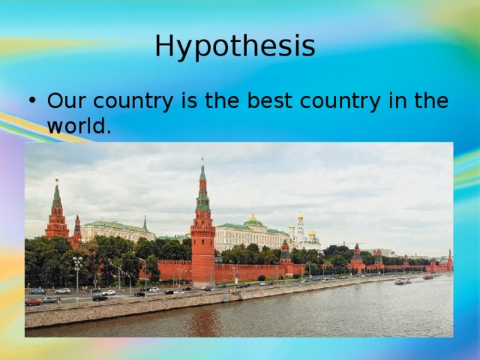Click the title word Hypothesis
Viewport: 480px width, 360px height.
(x=235, y=46)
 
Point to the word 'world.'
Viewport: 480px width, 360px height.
(x=79, y=126)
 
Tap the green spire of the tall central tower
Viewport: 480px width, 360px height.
(x=202, y=180)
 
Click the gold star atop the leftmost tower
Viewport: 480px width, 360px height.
(x=56, y=181)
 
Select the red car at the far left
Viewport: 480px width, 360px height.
(x=33, y=302)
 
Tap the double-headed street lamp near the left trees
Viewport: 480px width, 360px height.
(x=77, y=262)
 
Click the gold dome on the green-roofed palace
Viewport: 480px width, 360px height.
(x=253, y=220)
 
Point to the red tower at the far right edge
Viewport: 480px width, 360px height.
(x=449, y=262)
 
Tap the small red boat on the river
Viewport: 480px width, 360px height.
(x=427, y=277)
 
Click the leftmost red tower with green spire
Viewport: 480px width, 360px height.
(x=57, y=214)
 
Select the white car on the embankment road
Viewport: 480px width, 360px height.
(x=109, y=292)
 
